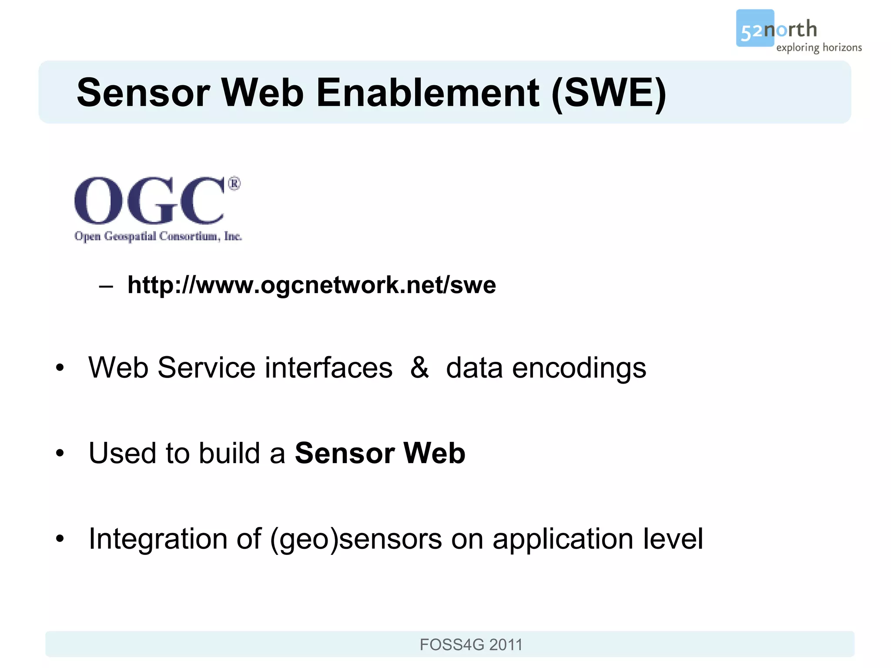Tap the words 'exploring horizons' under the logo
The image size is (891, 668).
(819, 47)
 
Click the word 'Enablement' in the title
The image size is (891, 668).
(428, 93)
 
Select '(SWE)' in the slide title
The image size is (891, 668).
(608, 93)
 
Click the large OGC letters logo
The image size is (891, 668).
(149, 200)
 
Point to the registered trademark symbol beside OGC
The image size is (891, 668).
(234, 184)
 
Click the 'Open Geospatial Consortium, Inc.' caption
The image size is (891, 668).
(158, 236)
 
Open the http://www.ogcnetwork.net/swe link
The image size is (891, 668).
(312, 285)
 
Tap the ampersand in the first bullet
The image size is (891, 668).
(419, 367)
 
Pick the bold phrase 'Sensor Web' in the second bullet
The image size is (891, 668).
(380, 453)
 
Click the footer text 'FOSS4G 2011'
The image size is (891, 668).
(471, 645)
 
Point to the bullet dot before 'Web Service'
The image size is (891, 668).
(60, 368)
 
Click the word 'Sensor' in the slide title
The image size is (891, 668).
(144, 93)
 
